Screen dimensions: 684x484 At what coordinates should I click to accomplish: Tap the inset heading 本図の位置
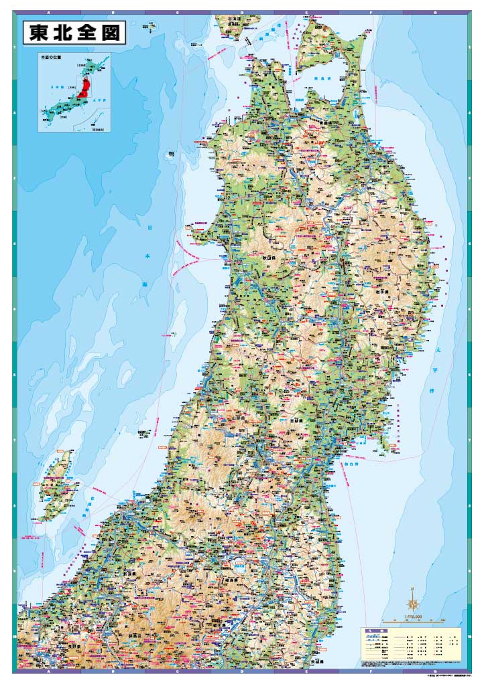(51, 58)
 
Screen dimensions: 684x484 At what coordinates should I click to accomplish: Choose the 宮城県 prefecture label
(297, 420)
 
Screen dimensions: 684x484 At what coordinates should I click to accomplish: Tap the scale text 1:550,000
(416, 617)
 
